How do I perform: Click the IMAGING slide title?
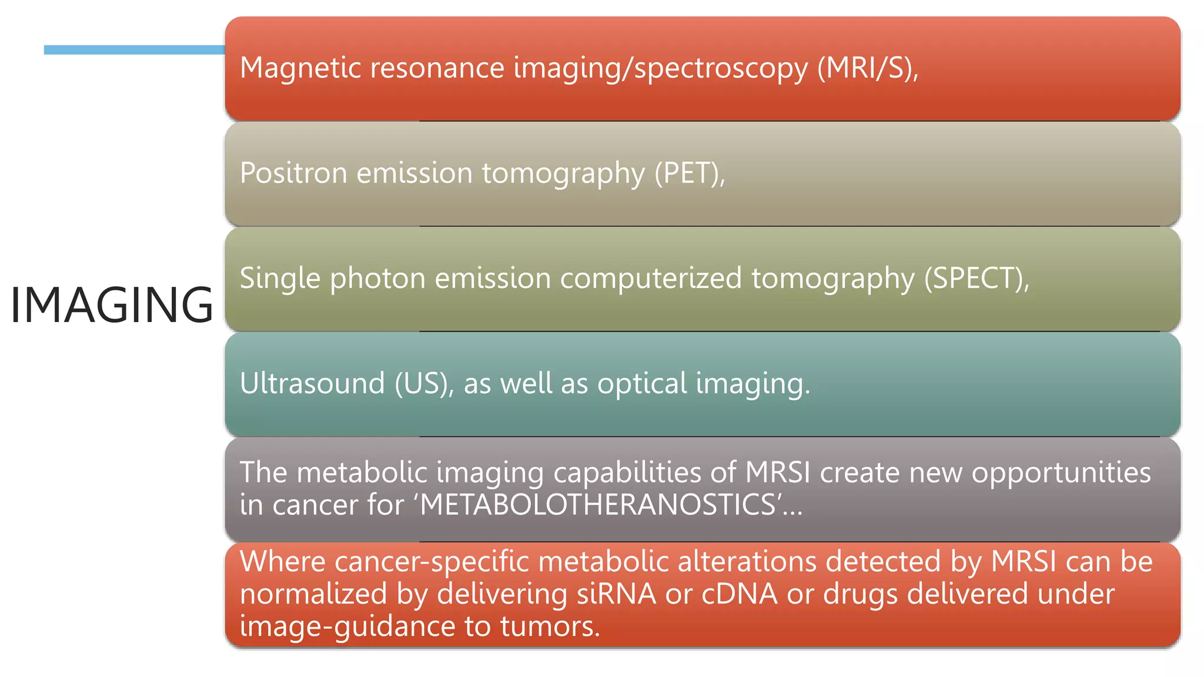pyautogui.click(x=112, y=304)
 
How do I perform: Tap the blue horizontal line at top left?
pyautogui.click(x=134, y=50)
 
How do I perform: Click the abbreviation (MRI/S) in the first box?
pyautogui.click(x=866, y=68)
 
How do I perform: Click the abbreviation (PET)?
pyautogui.click(x=688, y=173)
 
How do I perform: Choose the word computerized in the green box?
pyautogui.click(x=651, y=279)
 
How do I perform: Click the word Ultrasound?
pyautogui.click(x=312, y=384)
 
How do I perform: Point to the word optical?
pyautogui.click(x=642, y=384)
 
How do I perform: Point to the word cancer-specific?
pyautogui.click(x=432, y=562)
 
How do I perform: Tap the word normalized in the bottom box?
pyautogui.click(x=313, y=594)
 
